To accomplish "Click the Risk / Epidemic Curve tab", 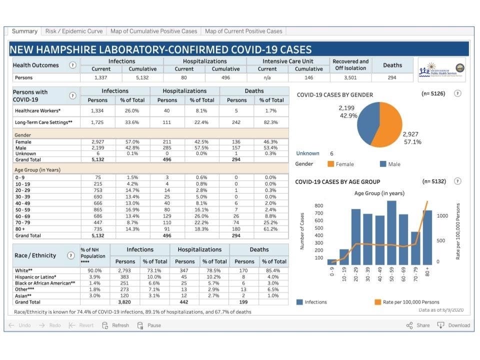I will click(x=74, y=31).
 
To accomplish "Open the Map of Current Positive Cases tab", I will click(x=243, y=31).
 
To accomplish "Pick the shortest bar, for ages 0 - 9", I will click(x=332, y=261).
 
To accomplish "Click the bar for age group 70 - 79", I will click(x=415, y=248).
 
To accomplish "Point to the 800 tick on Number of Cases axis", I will click(x=318, y=206).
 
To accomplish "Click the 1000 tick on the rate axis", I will click(x=443, y=215).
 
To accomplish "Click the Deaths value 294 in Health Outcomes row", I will click(x=392, y=77).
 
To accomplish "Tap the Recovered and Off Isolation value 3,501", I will click(x=350, y=77).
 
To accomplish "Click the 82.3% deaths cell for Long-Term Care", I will click(x=271, y=122).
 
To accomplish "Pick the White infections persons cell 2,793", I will click(x=125, y=270).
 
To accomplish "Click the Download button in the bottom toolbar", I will click(x=453, y=325).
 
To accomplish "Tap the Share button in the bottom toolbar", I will click(x=418, y=325).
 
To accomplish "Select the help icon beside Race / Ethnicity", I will click(x=69, y=255).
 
